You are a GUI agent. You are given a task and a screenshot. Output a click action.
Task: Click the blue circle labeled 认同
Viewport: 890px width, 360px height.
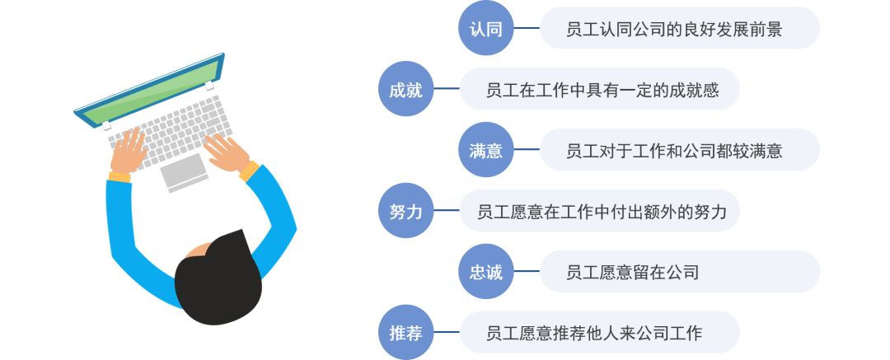[485, 30]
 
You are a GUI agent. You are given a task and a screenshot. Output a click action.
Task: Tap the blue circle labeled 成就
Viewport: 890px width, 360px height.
[405, 90]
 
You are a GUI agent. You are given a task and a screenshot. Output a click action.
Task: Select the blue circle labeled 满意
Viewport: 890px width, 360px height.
[485, 151]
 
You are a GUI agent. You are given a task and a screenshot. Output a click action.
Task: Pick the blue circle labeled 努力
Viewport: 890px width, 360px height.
[405, 212]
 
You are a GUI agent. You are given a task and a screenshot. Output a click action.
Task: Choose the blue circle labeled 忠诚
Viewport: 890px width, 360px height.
[485, 272]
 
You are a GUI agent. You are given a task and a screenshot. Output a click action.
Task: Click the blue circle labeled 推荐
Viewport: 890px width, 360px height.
[405, 333]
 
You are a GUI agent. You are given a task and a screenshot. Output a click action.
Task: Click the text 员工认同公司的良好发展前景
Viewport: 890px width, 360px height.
[674, 30]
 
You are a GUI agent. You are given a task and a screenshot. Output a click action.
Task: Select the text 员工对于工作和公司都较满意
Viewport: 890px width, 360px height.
[674, 151]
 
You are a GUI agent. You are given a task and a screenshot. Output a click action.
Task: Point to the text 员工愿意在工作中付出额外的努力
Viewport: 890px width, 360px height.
[602, 212]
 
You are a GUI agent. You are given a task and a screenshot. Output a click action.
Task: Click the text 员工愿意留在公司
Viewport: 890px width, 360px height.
[633, 272]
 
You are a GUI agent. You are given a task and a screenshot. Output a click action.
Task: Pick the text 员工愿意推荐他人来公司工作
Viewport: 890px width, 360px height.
[594, 333]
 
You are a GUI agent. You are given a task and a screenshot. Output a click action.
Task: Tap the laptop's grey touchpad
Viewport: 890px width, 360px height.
[183, 170]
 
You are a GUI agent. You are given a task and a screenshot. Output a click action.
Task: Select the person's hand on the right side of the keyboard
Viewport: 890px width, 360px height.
[227, 152]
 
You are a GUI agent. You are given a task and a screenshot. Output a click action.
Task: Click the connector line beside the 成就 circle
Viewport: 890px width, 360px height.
[446, 90]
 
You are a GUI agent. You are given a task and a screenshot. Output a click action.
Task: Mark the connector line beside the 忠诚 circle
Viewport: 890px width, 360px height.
[526, 272]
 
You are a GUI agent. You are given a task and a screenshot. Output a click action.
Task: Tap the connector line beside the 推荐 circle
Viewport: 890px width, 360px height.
[446, 333]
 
